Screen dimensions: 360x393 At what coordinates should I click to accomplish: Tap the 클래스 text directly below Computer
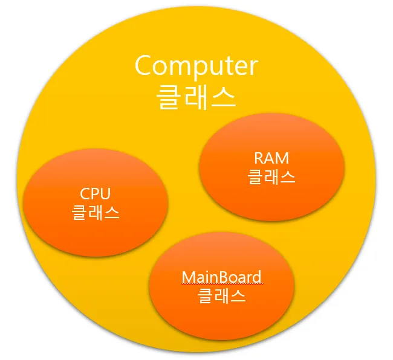click(x=196, y=97)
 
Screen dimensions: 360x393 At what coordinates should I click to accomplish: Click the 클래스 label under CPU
click(x=95, y=213)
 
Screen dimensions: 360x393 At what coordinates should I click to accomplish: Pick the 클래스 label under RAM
click(x=271, y=177)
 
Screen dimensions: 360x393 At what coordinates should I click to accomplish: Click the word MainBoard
click(x=221, y=277)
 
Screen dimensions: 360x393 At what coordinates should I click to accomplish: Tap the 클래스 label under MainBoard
click(x=221, y=296)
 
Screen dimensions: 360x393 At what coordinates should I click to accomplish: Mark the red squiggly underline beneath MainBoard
click(x=221, y=284)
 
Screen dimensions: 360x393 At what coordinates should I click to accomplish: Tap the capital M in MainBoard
click(x=188, y=277)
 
